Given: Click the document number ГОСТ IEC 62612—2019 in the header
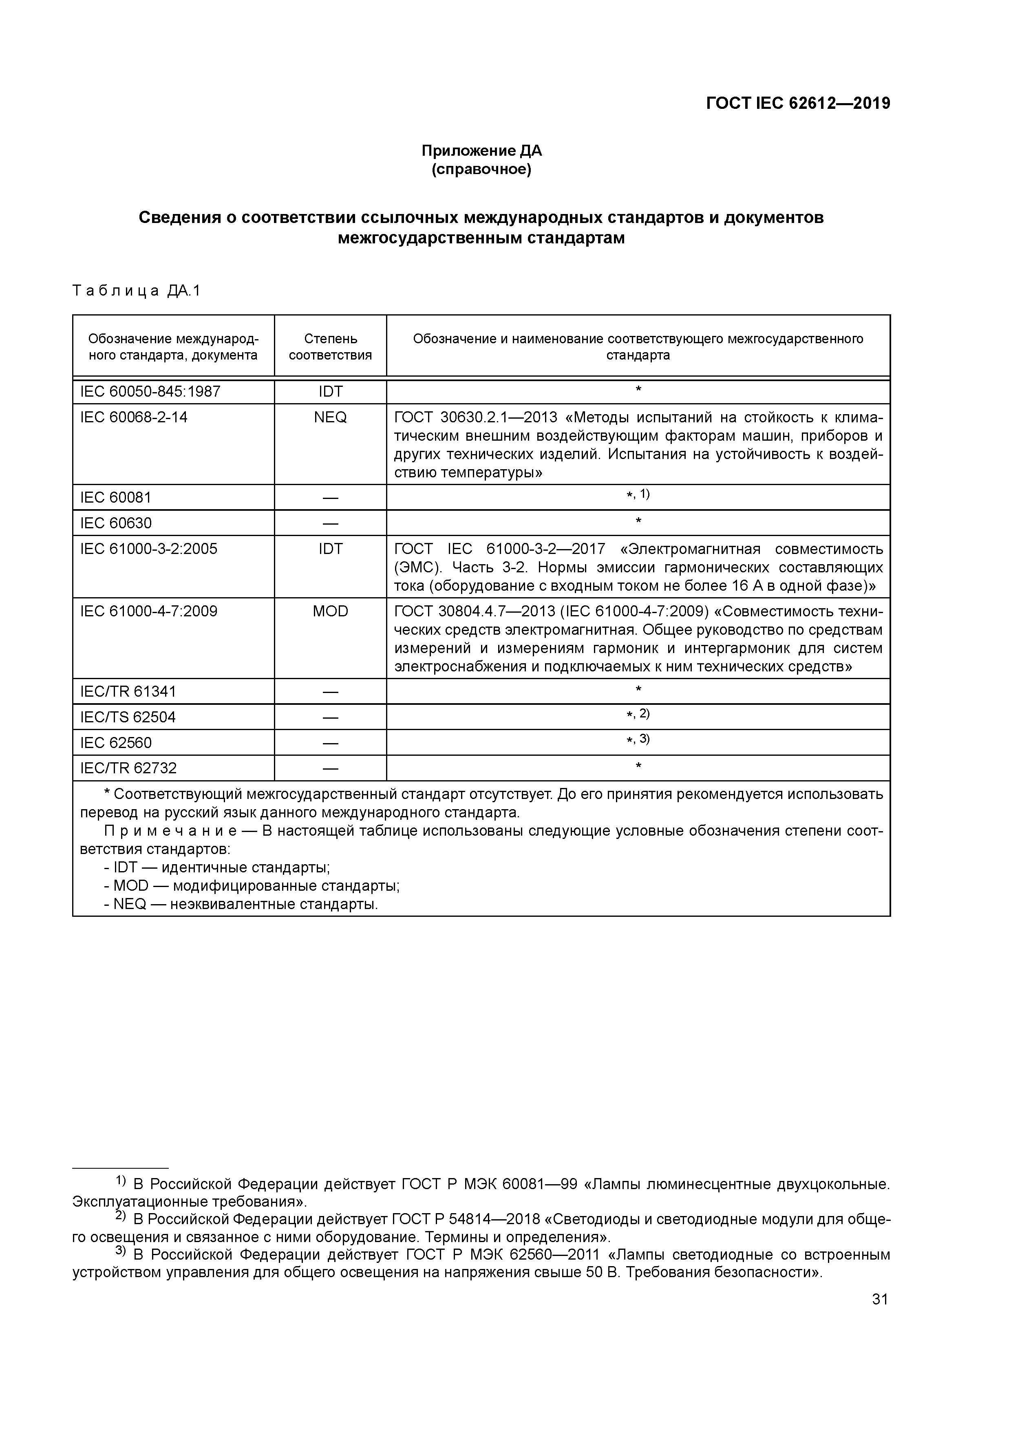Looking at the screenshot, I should (797, 104).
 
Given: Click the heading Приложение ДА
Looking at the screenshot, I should (481, 151).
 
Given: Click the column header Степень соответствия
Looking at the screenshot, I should (330, 347).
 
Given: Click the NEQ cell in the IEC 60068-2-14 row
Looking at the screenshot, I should (330, 417).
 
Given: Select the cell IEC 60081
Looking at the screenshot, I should (116, 498).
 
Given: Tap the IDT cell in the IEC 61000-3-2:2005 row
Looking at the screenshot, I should (330, 549).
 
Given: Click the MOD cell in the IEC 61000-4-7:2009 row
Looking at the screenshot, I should (330, 611).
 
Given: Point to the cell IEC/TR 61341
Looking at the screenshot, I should (128, 691).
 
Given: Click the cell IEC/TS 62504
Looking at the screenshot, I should (128, 717).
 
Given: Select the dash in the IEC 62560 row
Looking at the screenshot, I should (330, 743).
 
